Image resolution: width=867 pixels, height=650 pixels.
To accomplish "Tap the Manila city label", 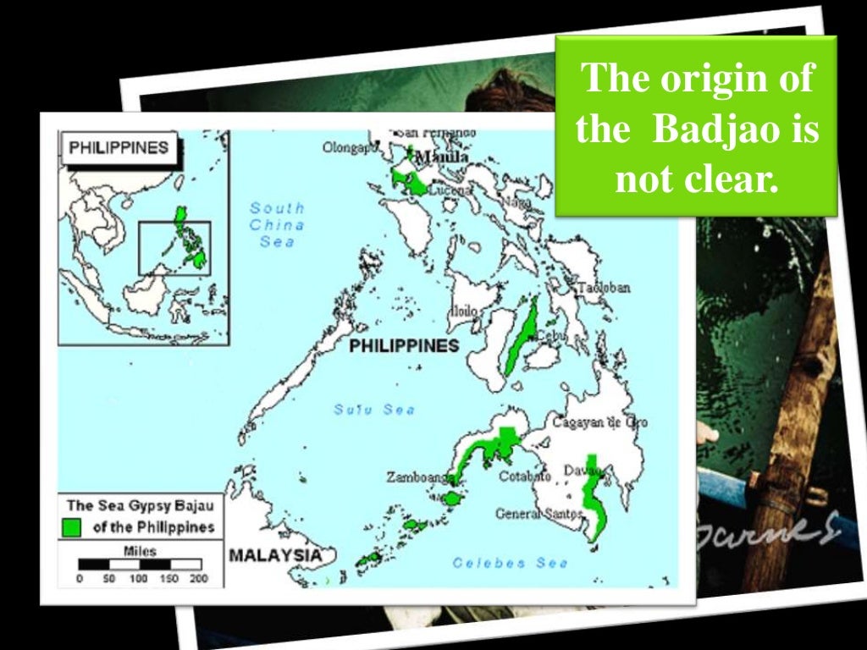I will [441, 157].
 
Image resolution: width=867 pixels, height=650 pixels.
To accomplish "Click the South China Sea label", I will [277, 224].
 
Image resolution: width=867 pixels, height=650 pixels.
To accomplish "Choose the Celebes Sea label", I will [500, 563].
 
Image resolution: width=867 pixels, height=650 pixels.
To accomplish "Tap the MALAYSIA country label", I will [275, 555].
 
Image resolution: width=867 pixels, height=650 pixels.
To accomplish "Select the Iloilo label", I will [463, 311].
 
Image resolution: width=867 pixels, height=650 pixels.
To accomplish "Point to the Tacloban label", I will [604, 288].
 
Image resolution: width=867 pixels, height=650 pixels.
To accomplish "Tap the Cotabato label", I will [524, 476].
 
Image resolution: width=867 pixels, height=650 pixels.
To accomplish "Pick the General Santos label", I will [538, 513].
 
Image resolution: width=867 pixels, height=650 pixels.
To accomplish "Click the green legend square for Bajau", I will [72, 527].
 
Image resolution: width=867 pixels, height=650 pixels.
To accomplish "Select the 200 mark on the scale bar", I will [198, 579].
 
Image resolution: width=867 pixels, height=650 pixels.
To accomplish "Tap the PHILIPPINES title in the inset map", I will [119, 147].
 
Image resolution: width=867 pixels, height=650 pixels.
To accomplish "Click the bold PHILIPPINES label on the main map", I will [404, 345].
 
